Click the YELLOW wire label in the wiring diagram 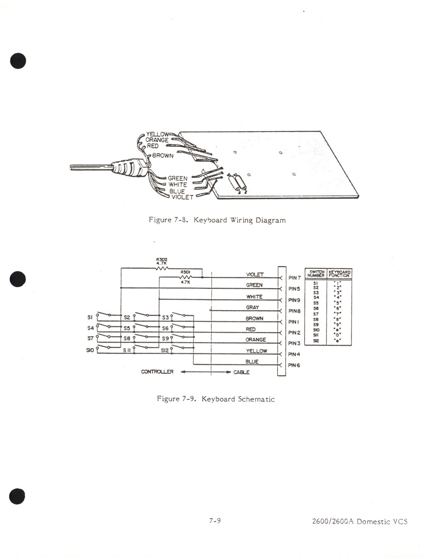tap(157, 134)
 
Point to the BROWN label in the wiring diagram tap(163, 156)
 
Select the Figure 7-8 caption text tap(217, 220)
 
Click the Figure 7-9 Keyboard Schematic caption tap(216, 399)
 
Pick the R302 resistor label tap(162, 261)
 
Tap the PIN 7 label tap(295, 277)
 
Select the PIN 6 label tap(295, 365)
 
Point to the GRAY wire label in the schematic tap(253, 308)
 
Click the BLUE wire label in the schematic tap(252, 362)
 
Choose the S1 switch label tap(91, 317)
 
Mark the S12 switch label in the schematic tap(165, 350)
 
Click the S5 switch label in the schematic tap(126, 328)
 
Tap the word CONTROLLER tap(157, 372)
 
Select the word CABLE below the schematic tap(242, 372)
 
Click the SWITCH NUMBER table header tap(316, 274)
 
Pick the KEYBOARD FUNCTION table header tap(339, 274)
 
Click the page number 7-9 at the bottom tap(215, 521)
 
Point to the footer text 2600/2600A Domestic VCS tap(360, 521)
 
